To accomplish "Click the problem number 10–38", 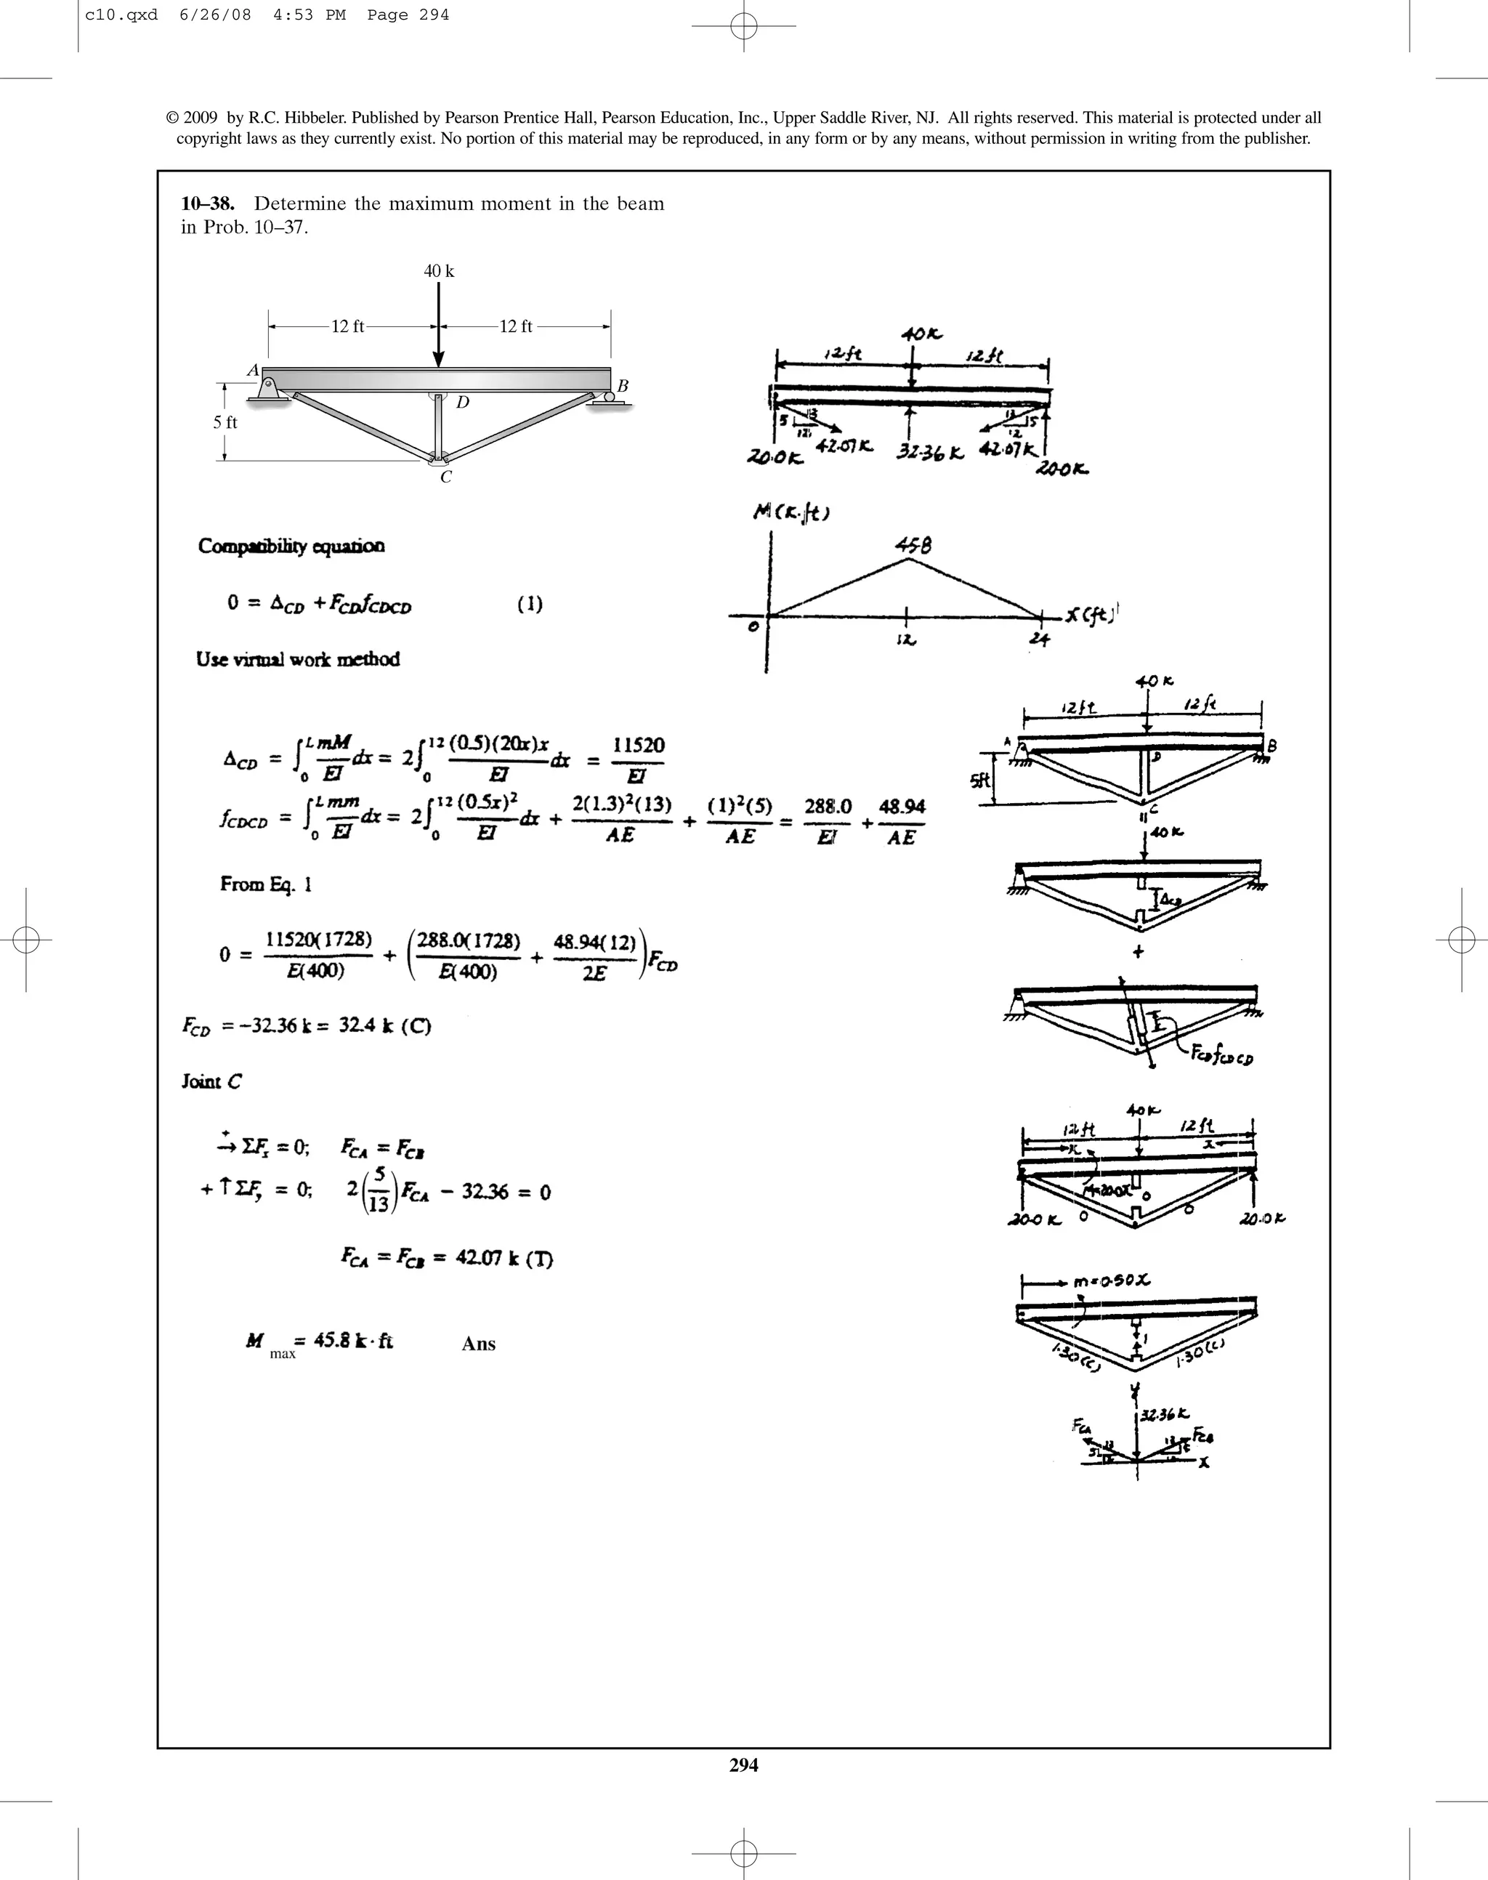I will pos(207,204).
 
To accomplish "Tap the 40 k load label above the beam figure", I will pos(438,271).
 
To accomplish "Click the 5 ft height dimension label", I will pos(225,422).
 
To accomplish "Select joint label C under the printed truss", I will pos(446,477).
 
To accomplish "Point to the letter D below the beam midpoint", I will pos(463,403).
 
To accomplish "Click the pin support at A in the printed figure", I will pos(267,389).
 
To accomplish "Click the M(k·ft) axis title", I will pos(791,513).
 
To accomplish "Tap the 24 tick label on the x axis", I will pos(1038,640).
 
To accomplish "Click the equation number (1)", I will pos(530,604).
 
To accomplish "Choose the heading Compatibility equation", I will pos(291,546).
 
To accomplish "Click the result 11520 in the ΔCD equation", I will pos(638,746).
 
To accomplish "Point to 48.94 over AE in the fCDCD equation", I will pos(902,807).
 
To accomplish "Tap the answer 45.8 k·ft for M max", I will pos(353,1341).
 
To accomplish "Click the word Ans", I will pos(478,1344).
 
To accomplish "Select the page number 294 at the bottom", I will pos(743,1765).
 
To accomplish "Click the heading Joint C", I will pos(211,1081).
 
